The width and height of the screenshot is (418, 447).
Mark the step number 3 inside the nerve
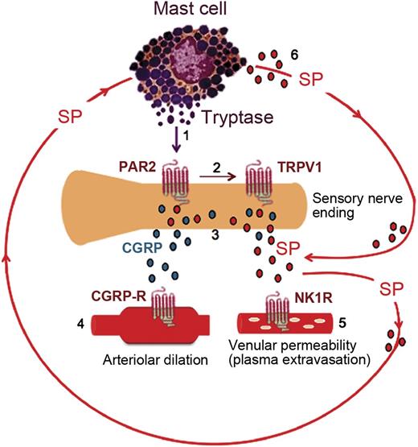pos(213,234)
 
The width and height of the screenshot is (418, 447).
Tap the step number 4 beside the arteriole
pos(78,326)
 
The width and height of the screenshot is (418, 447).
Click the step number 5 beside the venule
pos(342,327)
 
